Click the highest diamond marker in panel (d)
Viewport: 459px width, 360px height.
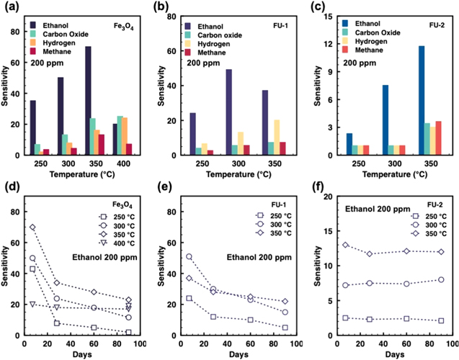[x=32, y=228]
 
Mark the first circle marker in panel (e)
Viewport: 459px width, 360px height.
[x=190, y=256]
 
